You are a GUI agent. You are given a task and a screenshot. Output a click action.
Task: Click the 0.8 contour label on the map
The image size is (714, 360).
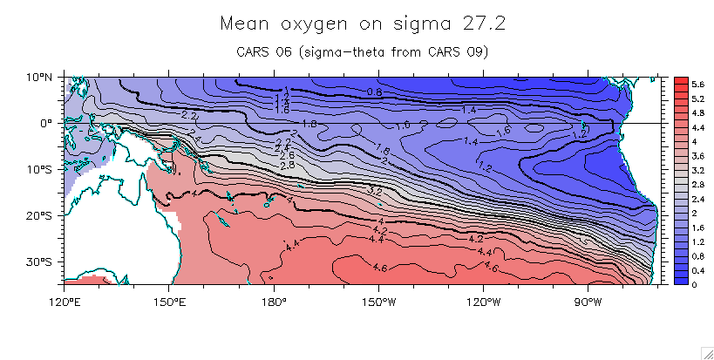click(374, 92)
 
